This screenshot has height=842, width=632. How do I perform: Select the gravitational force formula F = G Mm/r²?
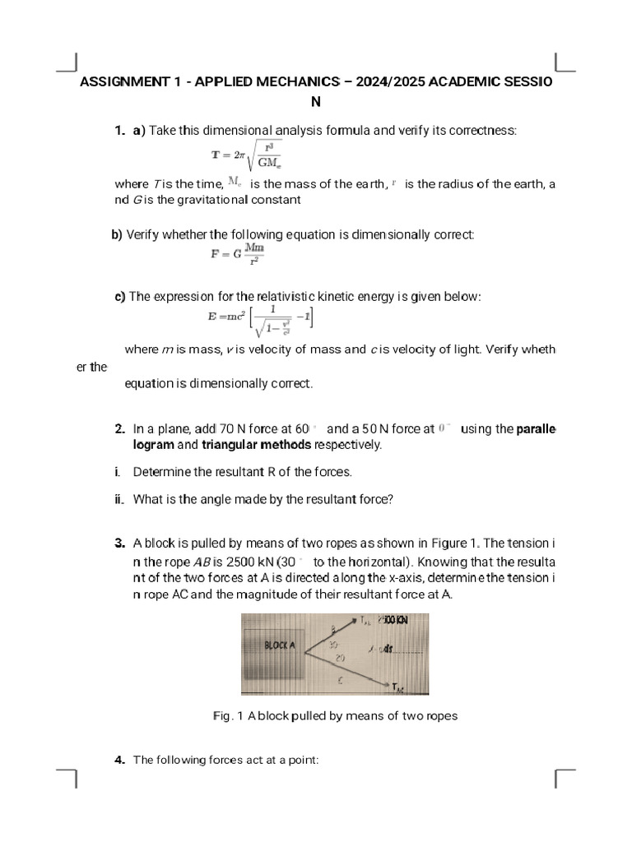tap(238, 254)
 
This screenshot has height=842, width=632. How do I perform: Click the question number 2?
tap(120, 429)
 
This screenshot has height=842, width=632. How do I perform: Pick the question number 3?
tap(120, 544)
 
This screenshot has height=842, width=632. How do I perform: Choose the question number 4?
tap(120, 760)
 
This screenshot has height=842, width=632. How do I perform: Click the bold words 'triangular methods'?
tap(257, 445)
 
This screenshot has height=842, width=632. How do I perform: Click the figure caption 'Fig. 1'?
tap(227, 715)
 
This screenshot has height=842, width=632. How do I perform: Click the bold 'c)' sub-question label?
tap(120, 296)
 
